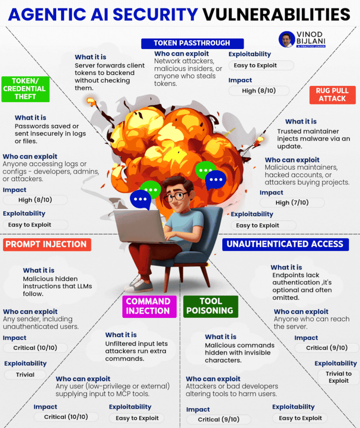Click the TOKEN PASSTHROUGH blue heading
192,44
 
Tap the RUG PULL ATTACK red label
333,94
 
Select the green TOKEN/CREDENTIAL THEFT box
25,89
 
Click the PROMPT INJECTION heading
47,245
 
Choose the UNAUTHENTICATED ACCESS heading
285,244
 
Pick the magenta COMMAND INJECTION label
148,306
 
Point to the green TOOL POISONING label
210,306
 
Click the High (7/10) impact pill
292,203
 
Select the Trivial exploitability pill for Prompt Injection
25,374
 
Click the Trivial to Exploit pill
338,377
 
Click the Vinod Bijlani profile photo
287,39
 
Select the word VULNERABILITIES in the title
276,14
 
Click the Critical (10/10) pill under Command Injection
66,417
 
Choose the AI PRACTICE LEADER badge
310,46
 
